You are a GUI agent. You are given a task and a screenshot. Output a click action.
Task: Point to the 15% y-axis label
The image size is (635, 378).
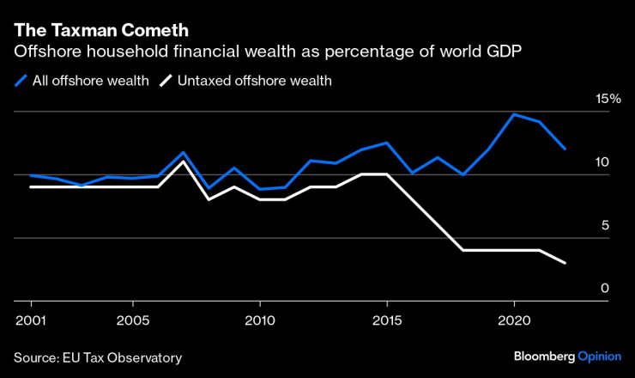609,99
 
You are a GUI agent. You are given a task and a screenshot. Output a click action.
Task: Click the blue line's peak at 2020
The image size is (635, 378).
513,114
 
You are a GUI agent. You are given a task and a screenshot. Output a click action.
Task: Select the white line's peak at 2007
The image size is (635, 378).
183,162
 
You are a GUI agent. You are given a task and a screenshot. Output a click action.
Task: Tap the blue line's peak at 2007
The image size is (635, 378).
183,153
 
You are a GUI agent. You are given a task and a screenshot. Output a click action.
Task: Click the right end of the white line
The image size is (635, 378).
564,262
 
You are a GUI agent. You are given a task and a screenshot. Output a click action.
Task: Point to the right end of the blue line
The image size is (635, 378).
564,149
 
